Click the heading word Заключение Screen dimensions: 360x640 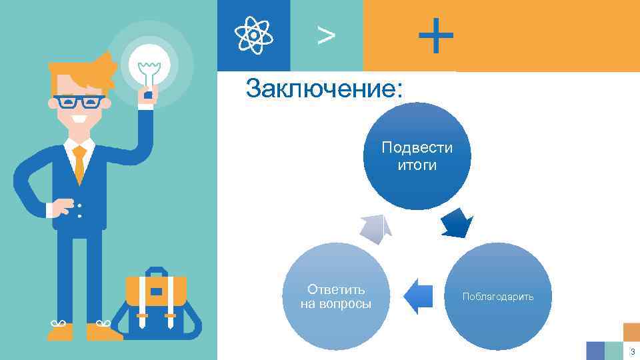[324, 89]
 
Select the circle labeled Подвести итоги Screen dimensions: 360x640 [417, 156]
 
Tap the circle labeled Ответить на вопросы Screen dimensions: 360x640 [336, 297]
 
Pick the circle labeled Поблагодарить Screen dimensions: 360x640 [498, 297]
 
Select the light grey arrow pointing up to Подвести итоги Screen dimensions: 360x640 [376, 229]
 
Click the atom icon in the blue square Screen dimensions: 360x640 [253, 35]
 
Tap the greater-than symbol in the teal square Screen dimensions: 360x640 [326, 35]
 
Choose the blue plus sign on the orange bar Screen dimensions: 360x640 [436, 35]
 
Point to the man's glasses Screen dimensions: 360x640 [79, 102]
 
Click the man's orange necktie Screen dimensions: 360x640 [80, 163]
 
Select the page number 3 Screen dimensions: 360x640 [631, 351]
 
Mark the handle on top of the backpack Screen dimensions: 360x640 [156, 272]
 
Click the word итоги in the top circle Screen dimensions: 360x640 [417, 165]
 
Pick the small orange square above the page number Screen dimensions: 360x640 [631, 332]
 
